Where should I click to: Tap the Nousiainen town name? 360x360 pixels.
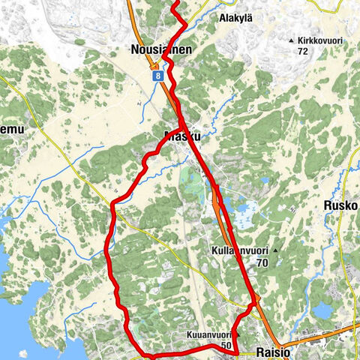[160, 49]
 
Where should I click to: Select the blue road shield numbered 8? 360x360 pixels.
[156, 76]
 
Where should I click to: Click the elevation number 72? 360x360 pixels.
[303, 51]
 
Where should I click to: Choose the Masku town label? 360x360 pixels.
[182, 137]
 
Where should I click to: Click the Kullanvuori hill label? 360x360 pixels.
[239, 249]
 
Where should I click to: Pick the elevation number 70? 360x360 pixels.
[262, 262]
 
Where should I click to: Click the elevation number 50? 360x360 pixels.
[226, 346]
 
